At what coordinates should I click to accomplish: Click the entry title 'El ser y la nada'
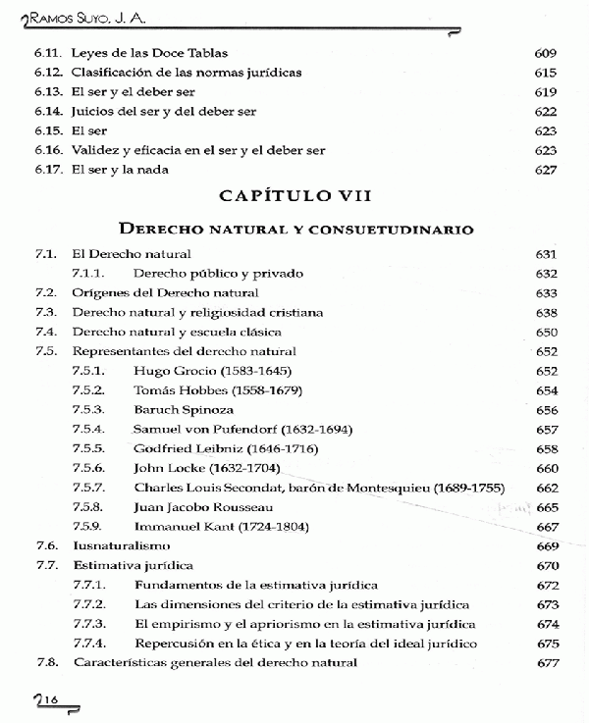pos(120,170)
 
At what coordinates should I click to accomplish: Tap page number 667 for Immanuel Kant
pos(547,527)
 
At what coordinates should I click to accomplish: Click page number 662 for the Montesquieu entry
pos(547,488)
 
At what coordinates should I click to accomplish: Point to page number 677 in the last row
pos(547,662)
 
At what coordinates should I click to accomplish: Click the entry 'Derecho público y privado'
pos(218,274)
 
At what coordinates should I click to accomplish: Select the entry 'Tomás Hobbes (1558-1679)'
pos(203,389)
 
